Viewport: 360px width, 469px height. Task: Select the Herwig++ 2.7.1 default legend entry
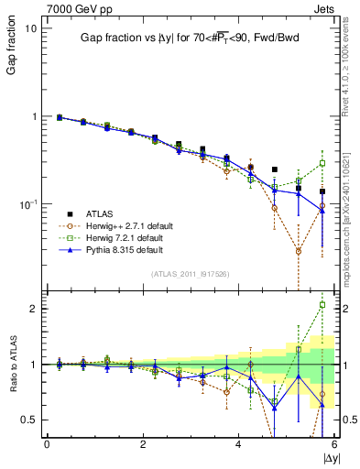click(x=119, y=224)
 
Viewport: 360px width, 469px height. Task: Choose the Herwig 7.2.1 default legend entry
click(x=115, y=237)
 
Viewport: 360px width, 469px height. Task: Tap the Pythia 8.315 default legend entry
click(x=115, y=249)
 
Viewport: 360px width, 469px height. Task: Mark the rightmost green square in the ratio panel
click(x=322, y=304)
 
